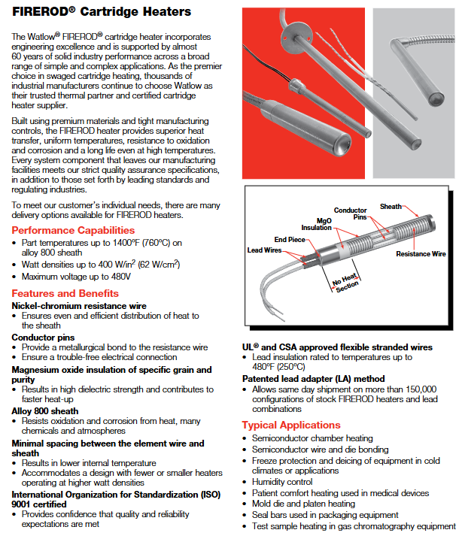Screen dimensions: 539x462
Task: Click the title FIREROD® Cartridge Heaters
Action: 102,12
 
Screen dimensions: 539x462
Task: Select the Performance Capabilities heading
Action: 73,230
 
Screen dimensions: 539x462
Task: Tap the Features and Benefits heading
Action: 65,293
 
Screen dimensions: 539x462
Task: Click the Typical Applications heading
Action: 290,425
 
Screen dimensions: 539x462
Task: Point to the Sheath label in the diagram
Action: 391,206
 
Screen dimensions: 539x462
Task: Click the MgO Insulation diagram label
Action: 316,223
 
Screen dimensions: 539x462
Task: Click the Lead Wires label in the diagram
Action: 263,250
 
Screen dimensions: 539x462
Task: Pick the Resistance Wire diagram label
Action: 421,254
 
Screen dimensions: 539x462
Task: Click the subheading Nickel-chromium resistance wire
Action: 79,306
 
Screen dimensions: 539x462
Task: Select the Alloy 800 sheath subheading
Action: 45,411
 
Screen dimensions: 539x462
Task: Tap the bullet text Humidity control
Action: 282,482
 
